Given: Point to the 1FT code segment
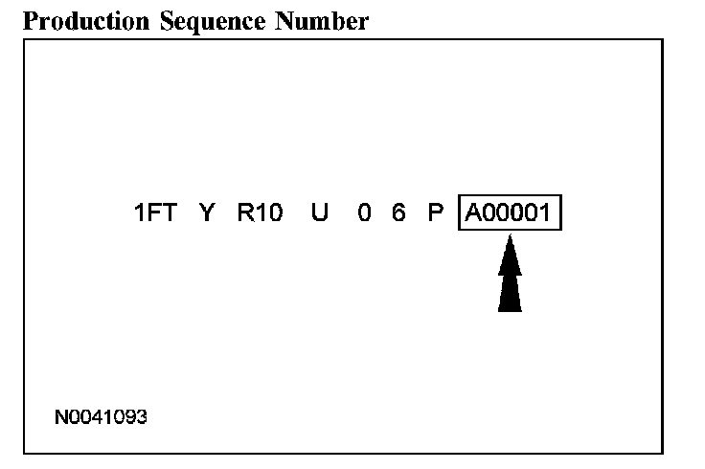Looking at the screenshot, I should [x=155, y=212].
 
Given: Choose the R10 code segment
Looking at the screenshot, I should [x=260, y=212].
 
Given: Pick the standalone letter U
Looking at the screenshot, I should [x=320, y=212].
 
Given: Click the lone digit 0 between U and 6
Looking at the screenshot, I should [x=365, y=212].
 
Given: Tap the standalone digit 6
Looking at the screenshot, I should [x=398, y=212].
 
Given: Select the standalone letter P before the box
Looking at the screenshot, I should [x=436, y=212].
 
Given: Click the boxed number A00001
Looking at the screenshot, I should [x=510, y=212].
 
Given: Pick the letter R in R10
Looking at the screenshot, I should [x=245, y=212].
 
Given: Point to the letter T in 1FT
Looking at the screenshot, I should [x=169, y=212].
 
